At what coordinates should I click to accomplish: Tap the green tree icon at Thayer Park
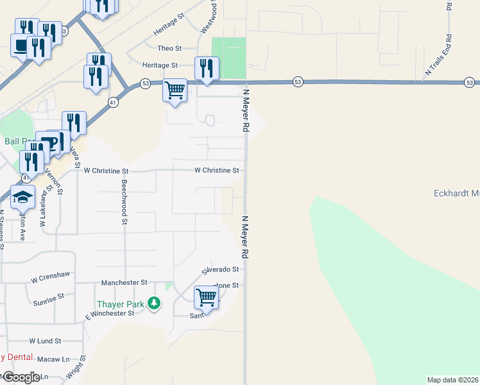153,302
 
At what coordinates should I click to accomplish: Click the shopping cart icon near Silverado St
206,297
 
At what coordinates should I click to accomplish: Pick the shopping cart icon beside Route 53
175,90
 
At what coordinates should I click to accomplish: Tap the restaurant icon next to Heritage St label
207,69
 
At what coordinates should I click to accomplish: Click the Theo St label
170,48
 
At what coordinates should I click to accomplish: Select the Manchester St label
124,282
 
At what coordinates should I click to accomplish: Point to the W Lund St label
45,341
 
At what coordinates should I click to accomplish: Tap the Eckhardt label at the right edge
456,193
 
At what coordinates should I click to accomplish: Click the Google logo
21,377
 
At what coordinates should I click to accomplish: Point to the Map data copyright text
452,380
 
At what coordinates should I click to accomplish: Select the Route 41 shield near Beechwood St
113,102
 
